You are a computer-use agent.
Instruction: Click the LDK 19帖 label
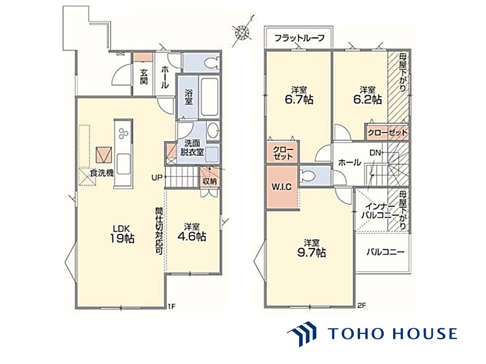(122, 234)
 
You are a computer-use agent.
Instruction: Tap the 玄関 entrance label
(144, 77)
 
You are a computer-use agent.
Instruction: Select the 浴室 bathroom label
(188, 97)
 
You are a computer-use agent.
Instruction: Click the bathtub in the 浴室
(209, 97)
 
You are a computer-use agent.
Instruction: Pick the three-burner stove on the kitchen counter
(123, 133)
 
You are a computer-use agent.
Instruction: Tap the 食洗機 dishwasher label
(102, 173)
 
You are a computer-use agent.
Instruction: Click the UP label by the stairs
(157, 178)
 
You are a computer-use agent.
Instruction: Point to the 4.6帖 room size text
(192, 237)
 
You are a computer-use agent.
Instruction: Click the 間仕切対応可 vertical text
(159, 231)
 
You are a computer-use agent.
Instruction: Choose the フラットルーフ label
(300, 38)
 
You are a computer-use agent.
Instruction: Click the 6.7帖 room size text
(299, 100)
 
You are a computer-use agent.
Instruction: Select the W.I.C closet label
(281, 187)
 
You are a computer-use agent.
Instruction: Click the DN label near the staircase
(375, 153)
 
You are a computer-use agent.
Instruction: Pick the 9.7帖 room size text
(311, 252)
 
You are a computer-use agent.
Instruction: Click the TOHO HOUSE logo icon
(302, 334)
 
